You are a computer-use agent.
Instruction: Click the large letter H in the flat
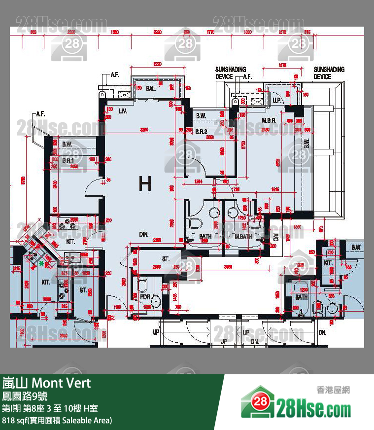pyautogui.click(x=145, y=183)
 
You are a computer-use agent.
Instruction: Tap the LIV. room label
pyautogui.click(x=123, y=112)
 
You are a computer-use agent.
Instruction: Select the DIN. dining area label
pyautogui.click(x=144, y=234)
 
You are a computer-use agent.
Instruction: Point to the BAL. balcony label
pyautogui.click(x=151, y=89)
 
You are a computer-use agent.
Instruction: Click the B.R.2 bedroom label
pyautogui.click(x=201, y=132)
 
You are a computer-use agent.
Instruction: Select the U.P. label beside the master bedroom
pyautogui.click(x=276, y=101)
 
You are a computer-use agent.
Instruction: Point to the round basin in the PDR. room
pyautogui.click(x=156, y=301)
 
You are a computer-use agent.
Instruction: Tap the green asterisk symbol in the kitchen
pyautogui.click(x=41, y=263)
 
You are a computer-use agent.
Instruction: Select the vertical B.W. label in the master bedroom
pyautogui.click(x=306, y=143)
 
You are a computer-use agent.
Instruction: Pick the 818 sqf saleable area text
pyautogui.click(x=57, y=420)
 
